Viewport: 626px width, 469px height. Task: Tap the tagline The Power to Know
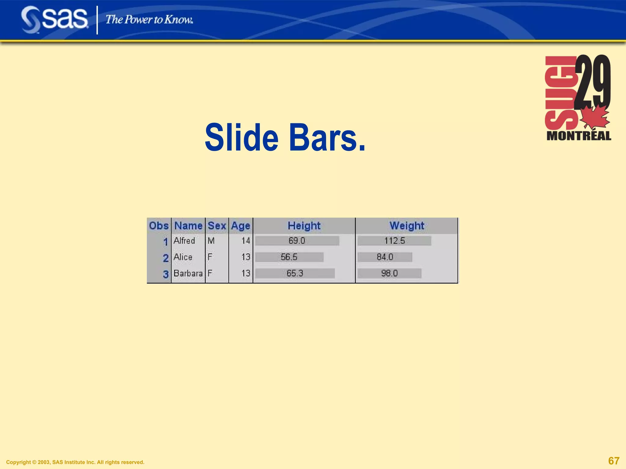149,20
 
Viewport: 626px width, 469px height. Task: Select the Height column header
304,226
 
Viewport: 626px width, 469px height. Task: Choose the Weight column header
407,226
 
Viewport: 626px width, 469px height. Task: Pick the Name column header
188,226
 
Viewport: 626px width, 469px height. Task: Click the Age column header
241,226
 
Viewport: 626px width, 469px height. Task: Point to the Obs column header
159,226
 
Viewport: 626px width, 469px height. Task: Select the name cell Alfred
184,241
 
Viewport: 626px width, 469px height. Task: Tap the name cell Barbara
188,273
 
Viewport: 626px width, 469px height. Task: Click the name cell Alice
183,257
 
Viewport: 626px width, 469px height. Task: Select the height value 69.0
297,241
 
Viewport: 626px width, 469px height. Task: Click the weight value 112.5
395,241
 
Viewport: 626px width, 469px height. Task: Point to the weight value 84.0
385,257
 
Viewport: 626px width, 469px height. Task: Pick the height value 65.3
295,273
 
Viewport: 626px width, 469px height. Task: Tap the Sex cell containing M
211,241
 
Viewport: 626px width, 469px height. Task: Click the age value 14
246,241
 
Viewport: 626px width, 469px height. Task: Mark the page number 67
614,460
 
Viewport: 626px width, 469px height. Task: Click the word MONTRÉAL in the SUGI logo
579,136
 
